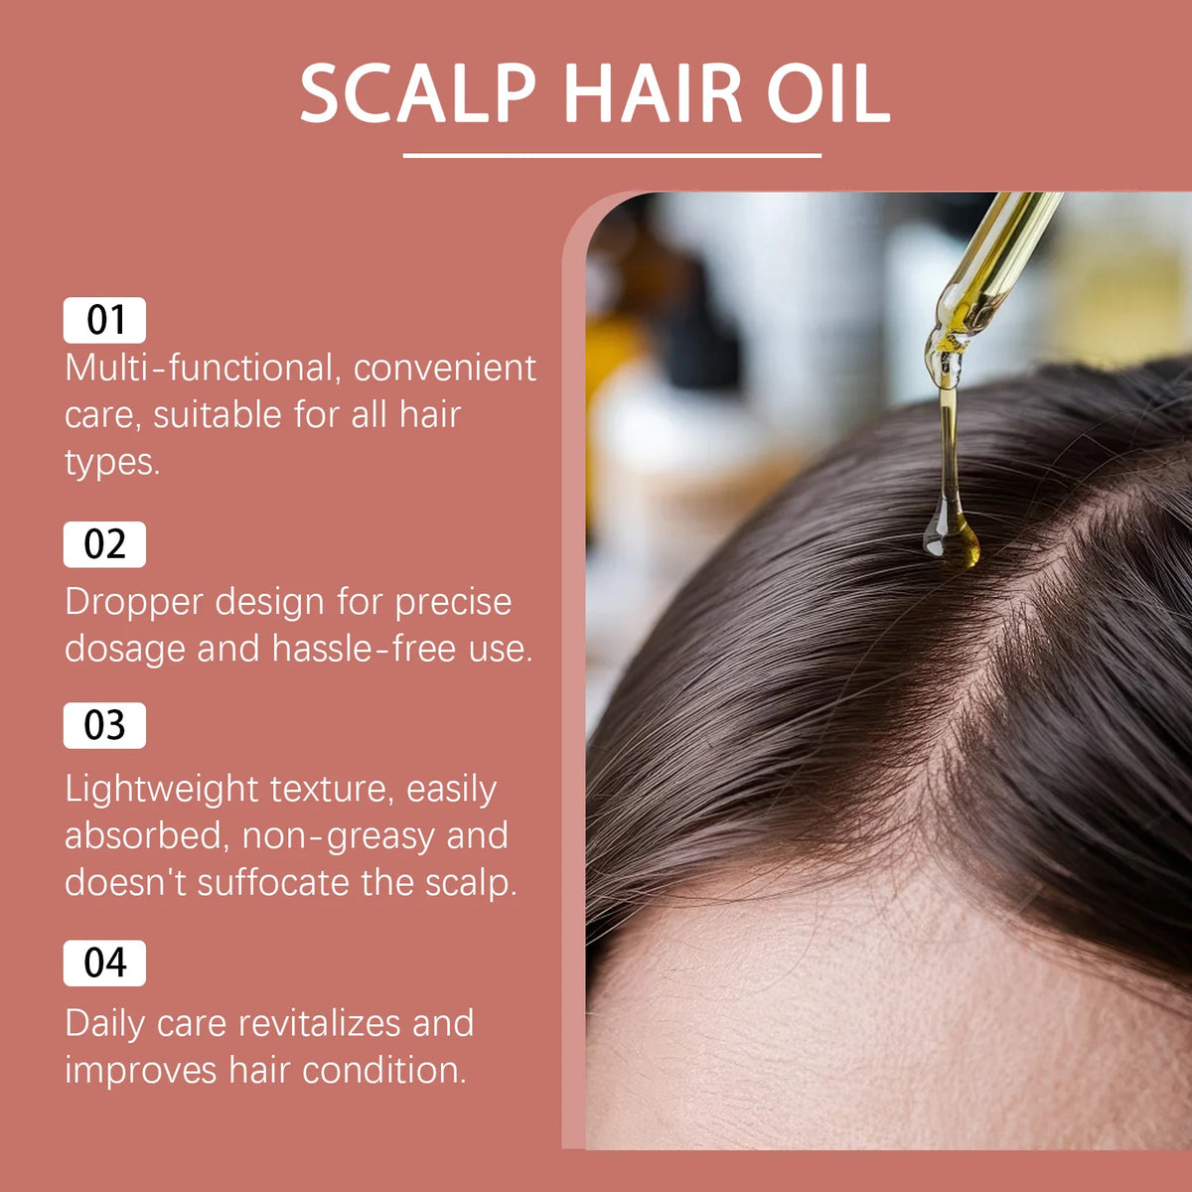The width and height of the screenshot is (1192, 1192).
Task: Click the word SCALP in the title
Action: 418,94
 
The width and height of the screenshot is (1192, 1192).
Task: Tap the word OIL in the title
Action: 828,94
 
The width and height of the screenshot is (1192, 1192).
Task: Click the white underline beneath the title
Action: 612,155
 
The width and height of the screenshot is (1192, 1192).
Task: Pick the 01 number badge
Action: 104,320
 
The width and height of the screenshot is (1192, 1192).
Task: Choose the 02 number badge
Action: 104,544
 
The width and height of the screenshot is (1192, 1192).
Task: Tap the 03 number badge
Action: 104,725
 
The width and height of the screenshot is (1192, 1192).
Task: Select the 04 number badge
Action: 104,964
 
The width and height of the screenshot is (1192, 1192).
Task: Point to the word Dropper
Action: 134,603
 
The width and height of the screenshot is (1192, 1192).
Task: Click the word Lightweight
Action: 161,791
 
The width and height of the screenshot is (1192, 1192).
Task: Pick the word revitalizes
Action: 320,1023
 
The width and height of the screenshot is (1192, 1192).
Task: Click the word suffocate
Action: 273,883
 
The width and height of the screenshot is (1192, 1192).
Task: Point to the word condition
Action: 384,1070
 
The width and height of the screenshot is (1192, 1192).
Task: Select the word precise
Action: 453,603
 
